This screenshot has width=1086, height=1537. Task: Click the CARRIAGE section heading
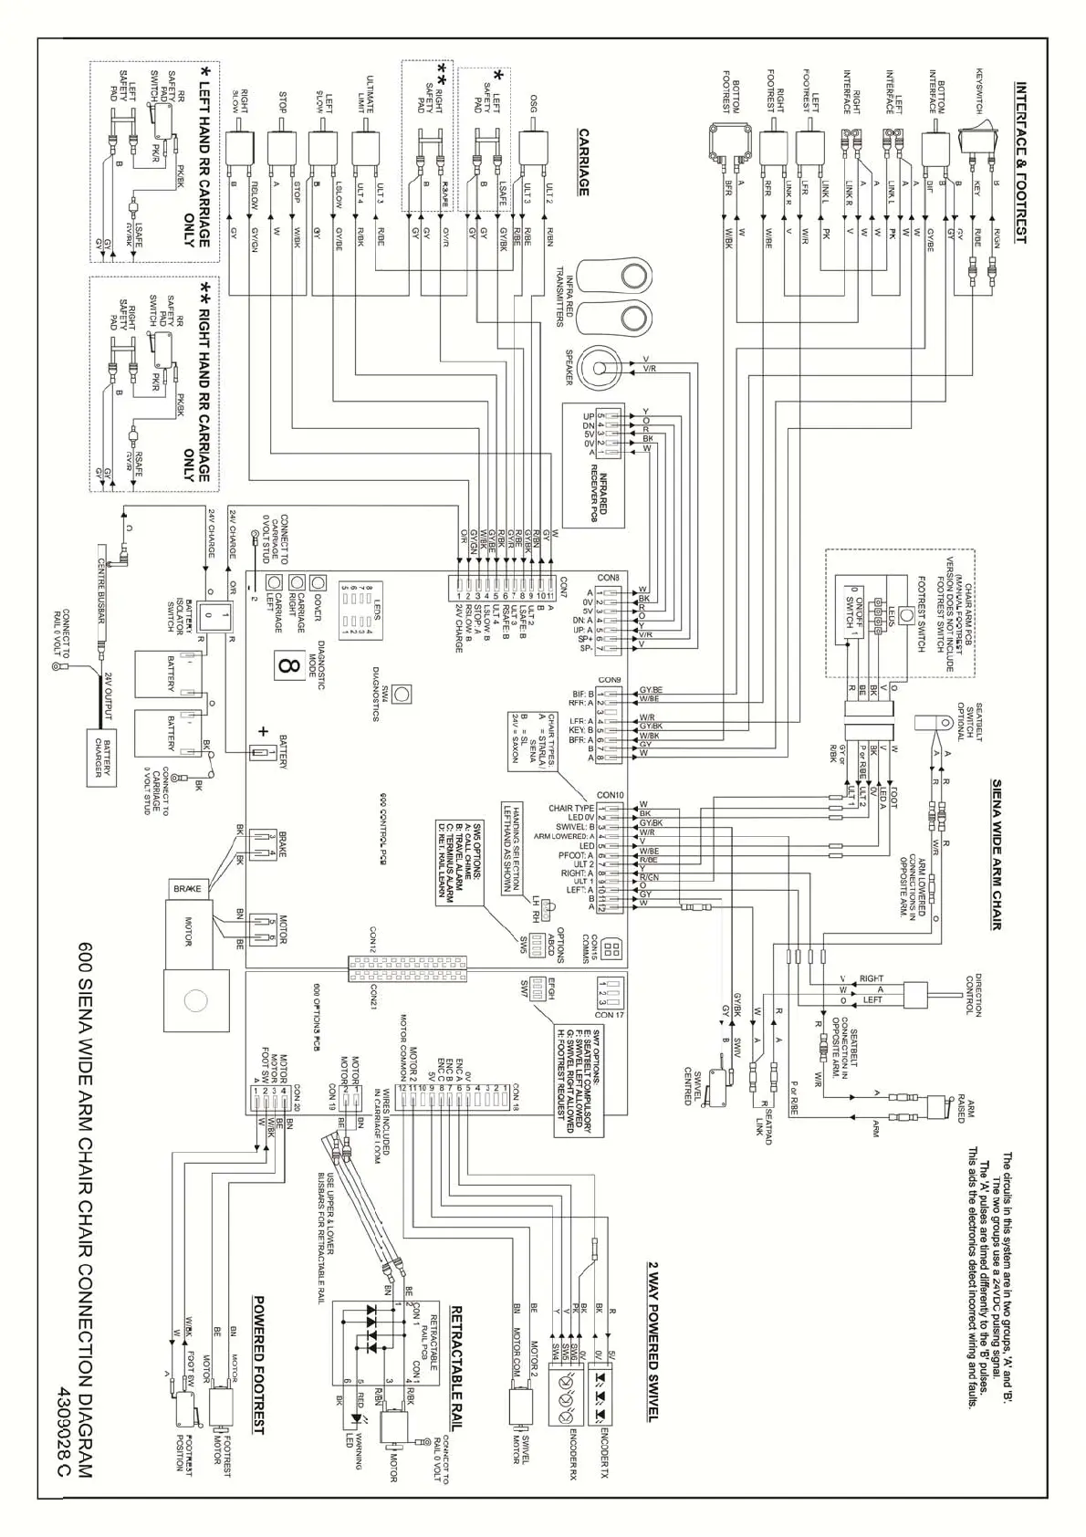point(582,162)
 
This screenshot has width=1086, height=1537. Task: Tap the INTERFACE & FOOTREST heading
point(1021,163)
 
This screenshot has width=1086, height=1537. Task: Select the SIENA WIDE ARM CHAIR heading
point(997,854)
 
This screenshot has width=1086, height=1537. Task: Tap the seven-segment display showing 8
point(288,665)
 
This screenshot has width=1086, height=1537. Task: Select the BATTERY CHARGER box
point(102,757)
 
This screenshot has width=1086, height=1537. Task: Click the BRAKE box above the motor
point(188,887)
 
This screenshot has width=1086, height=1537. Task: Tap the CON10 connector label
point(610,795)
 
